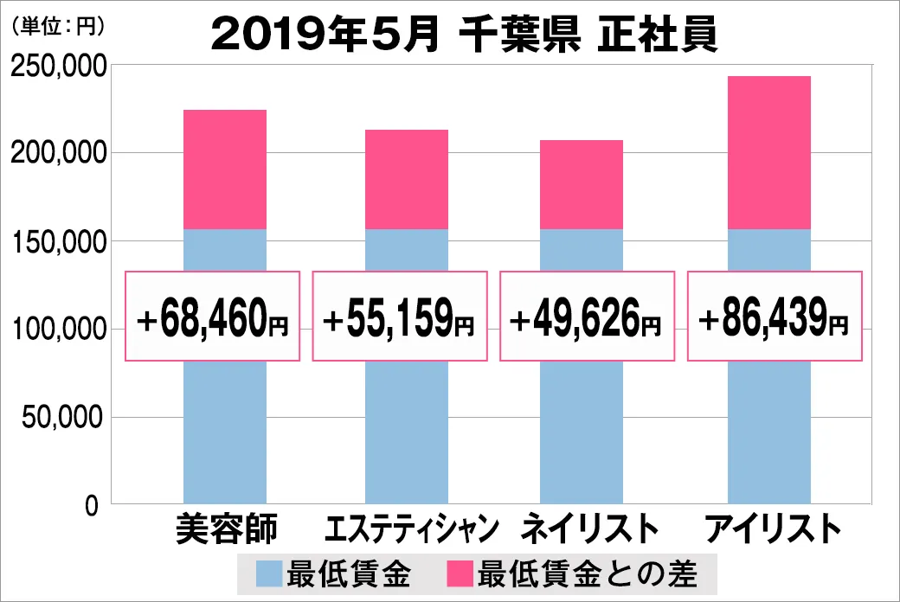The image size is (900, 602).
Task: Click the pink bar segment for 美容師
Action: click(x=225, y=170)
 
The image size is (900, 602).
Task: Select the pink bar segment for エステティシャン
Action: click(x=407, y=180)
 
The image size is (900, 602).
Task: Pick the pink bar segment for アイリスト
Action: click(x=769, y=153)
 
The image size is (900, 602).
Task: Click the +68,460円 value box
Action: click(x=213, y=317)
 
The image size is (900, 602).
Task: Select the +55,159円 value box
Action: click(x=399, y=317)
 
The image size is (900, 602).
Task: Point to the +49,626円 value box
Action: click(x=587, y=317)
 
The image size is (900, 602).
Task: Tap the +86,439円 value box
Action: click(x=774, y=317)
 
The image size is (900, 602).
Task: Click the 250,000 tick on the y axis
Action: click(x=58, y=67)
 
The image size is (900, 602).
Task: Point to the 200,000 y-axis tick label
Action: click(x=58, y=154)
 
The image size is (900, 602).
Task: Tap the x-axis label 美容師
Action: click(x=226, y=528)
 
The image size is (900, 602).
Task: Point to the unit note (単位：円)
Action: click(x=57, y=27)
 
